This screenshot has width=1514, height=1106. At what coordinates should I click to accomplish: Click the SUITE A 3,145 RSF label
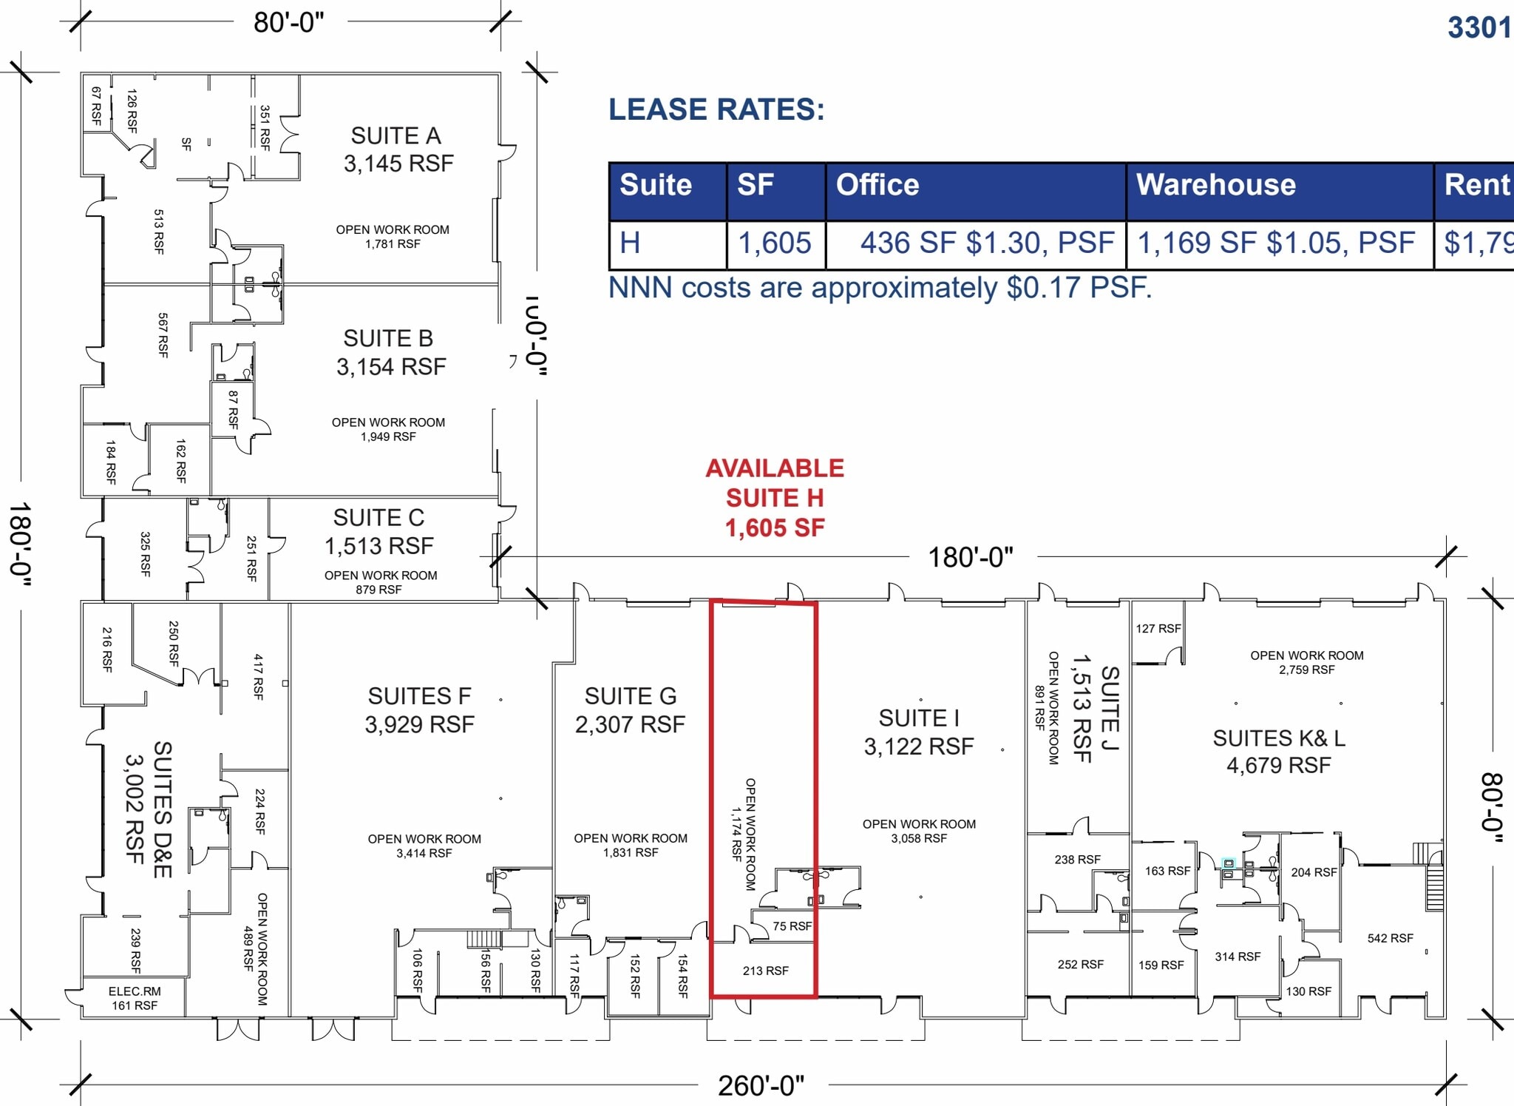click(x=398, y=149)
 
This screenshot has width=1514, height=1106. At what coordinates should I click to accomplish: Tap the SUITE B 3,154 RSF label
click(x=390, y=352)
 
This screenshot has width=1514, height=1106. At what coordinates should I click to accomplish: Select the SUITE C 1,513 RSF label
click(x=378, y=531)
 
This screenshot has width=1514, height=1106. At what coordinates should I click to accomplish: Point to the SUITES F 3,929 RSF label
click(x=419, y=710)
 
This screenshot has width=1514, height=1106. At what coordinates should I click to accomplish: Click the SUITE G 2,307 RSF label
click(x=630, y=710)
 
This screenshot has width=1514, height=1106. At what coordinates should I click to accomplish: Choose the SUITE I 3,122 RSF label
click(x=919, y=732)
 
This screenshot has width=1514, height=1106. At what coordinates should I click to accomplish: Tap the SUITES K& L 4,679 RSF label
click(x=1279, y=752)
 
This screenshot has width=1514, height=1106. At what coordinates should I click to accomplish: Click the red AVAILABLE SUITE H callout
click(x=775, y=498)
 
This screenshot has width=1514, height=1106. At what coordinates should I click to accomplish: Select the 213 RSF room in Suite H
click(x=765, y=971)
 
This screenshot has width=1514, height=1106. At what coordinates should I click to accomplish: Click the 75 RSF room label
click(x=792, y=926)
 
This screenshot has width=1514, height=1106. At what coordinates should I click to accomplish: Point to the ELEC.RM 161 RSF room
click(x=135, y=998)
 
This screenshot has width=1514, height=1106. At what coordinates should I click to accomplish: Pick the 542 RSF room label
click(x=1390, y=938)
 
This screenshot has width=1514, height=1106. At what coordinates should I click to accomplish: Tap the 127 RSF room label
click(x=1158, y=629)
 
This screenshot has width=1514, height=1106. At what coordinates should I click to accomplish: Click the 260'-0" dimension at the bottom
click(x=761, y=1085)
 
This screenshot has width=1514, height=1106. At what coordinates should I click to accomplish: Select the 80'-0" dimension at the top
click(x=289, y=22)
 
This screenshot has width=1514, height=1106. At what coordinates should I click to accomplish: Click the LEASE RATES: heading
click(x=716, y=109)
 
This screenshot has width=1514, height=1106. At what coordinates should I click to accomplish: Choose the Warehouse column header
click(x=1215, y=185)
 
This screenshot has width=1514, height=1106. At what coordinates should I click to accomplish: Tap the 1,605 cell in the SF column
click(x=775, y=243)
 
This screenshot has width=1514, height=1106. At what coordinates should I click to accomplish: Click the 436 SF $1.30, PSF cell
click(x=986, y=243)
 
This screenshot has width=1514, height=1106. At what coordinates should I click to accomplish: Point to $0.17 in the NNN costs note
click(x=1042, y=288)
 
